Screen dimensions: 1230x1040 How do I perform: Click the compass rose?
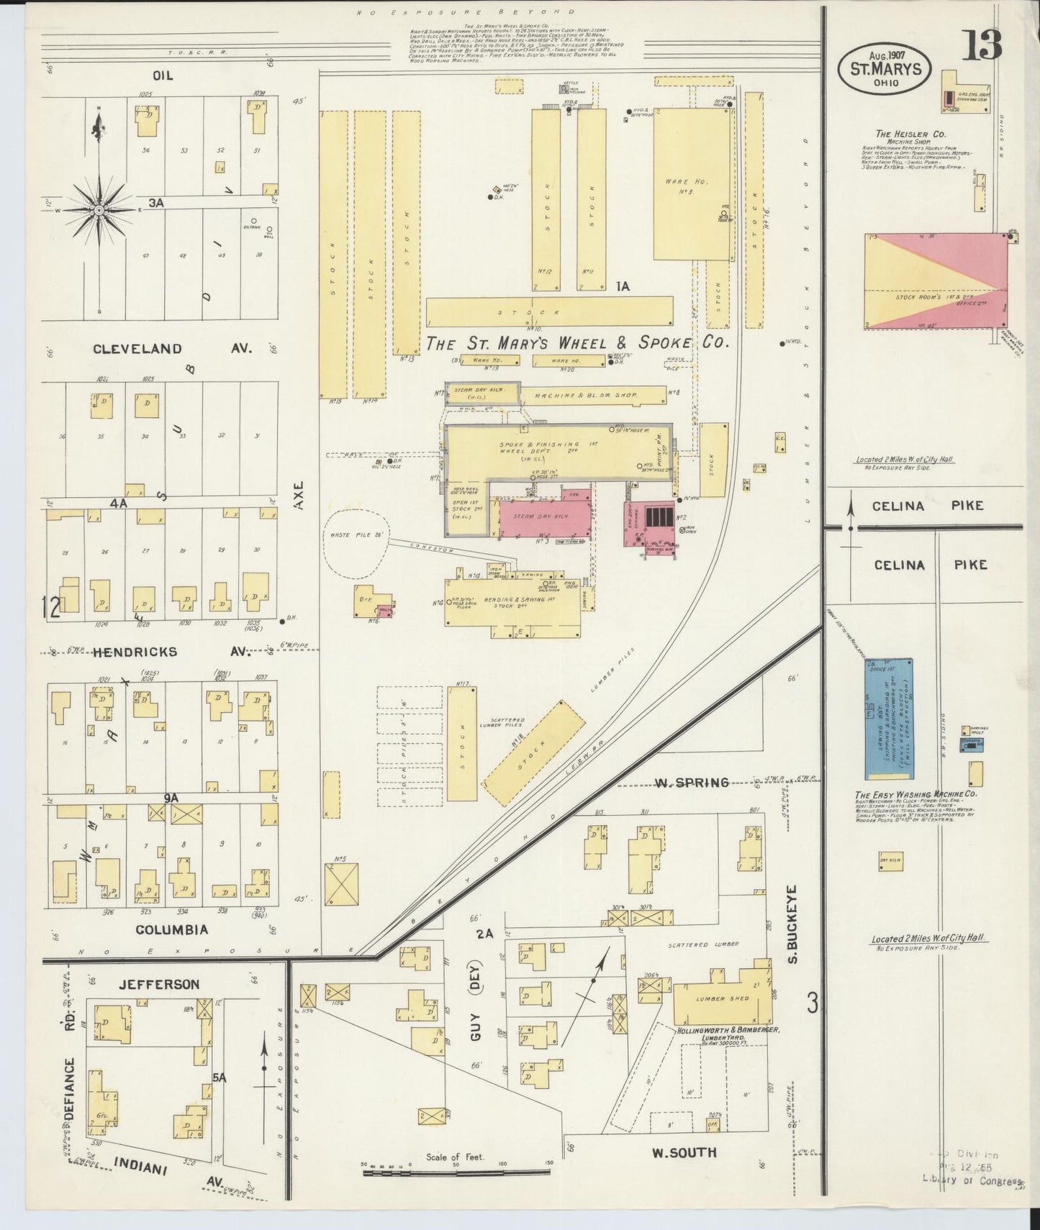[x=99, y=209]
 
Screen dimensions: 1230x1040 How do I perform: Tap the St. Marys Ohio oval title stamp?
[x=885, y=69]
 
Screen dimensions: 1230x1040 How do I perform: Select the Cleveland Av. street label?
[x=171, y=348]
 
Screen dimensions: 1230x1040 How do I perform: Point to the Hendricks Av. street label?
[x=155, y=652]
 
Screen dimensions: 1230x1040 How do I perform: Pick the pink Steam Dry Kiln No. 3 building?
[x=542, y=516]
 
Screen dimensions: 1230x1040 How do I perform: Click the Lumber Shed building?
[x=720, y=998]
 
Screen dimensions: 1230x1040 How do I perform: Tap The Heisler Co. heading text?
[x=910, y=134]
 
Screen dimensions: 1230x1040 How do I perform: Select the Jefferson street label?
[x=159, y=984]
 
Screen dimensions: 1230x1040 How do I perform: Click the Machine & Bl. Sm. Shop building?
[x=594, y=395]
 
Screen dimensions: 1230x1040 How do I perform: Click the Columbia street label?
[x=171, y=929]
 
